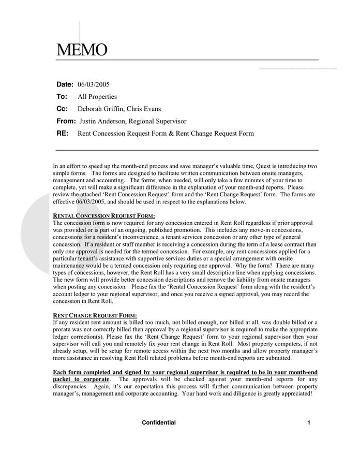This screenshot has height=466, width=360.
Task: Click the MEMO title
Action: pyautogui.click(x=82, y=50)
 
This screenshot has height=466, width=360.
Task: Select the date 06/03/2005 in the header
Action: pyautogui.click(x=94, y=84)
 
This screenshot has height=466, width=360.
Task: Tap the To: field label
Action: pyautogui.click(x=62, y=97)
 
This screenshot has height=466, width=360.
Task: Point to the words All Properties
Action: pyautogui.click(x=97, y=97)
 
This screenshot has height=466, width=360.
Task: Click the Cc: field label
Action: pyautogui.click(x=62, y=109)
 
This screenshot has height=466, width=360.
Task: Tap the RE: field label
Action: pyautogui.click(x=63, y=134)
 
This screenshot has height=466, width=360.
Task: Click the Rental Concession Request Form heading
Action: pyautogui.click(x=104, y=215)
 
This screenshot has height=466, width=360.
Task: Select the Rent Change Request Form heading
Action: pyautogui.click(x=95, y=315)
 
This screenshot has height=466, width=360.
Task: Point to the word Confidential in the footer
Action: pyautogui.click(x=159, y=423)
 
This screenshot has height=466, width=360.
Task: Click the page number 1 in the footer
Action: pyautogui.click(x=309, y=423)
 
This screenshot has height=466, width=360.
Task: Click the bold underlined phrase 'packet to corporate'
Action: pyautogui.click(x=81, y=380)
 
